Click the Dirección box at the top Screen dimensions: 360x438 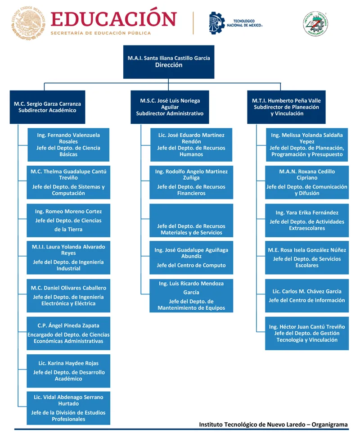point(169,62)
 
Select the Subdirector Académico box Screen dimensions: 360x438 point(48,107)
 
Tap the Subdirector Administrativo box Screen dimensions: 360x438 point(170,107)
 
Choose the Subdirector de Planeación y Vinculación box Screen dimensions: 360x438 point(286,107)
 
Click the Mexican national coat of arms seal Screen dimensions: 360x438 point(28,23)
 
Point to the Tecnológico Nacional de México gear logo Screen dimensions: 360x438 point(217,23)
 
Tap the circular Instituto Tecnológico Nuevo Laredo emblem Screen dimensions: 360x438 point(315,24)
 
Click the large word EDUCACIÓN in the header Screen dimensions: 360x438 point(113,19)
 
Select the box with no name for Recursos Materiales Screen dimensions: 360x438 point(191,221)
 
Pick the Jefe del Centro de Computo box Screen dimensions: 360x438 point(191,257)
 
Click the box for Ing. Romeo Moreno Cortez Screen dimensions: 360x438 point(68,221)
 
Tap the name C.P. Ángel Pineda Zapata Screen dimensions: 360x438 point(68,325)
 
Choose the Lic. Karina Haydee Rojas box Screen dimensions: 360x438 point(68,371)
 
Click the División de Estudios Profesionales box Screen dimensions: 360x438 point(68,408)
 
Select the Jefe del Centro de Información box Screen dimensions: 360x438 point(307,296)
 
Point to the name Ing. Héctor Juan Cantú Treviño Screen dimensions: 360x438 point(307,326)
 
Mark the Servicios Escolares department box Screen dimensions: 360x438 point(307,257)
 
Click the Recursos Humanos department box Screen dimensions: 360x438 point(191,144)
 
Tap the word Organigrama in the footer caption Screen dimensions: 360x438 point(330,424)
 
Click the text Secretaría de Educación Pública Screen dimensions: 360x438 point(101,33)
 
